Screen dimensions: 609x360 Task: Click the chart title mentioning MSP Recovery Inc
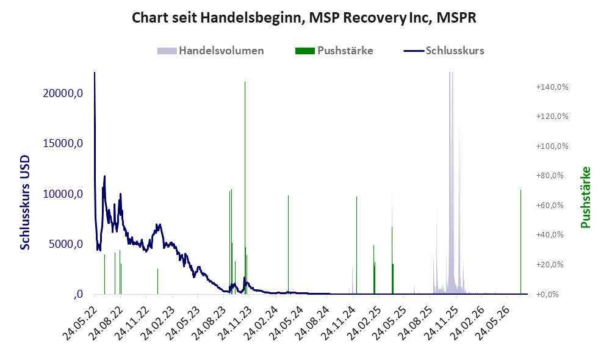(x=304, y=18)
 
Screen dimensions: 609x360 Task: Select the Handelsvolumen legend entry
(x=211, y=51)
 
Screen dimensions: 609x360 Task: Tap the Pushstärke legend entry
(x=334, y=51)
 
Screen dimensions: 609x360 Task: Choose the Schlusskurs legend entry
(x=444, y=51)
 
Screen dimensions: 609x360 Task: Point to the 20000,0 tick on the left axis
(x=63, y=93)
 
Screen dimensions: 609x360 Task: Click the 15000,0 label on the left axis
(x=63, y=143)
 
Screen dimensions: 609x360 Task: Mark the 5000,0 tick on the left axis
(x=66, y=244)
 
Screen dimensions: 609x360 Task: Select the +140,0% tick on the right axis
(x=552, y=87)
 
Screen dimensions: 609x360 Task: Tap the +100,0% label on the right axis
(x=552, y=146)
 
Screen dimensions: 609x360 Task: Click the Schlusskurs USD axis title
(x=25, y=203)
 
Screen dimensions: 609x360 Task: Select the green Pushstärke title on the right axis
(x=586, y=197)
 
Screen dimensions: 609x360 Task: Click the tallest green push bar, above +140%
(x=245, y=188)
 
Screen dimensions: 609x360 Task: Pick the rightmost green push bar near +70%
(x=521, y=242)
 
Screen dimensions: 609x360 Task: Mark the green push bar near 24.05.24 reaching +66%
(x=288, y=245)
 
